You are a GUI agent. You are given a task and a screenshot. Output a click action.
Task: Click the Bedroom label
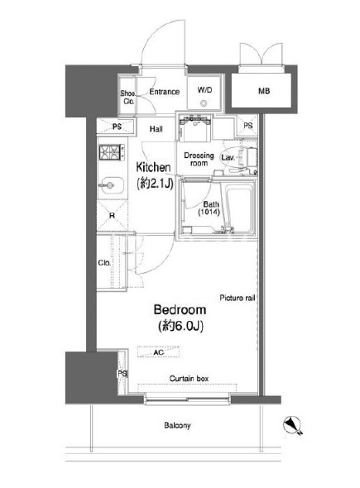point(180,310)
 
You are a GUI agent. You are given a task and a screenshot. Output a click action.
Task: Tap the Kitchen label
point(153,167)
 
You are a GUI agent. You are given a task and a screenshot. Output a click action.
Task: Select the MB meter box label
point(264,91)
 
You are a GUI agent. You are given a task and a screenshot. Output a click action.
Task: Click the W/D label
point(204,90)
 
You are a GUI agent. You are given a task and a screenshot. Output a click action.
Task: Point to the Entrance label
point(165,92)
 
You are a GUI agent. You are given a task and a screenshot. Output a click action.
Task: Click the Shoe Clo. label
point(128,97)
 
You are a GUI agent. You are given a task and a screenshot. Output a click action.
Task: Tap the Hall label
point(156,129)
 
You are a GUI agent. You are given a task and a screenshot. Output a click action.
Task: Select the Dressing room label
point(199,159)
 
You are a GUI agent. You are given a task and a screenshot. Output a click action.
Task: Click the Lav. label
point(228,157)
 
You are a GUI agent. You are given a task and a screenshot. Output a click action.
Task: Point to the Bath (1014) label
point(210,208)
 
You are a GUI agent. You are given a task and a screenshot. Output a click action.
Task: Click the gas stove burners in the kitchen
point(110,152)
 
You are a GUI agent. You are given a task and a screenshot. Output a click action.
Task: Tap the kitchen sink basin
point(111,185)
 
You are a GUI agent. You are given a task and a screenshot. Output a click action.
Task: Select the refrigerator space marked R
point(112,215)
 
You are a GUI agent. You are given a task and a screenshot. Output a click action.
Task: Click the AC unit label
point(159,352)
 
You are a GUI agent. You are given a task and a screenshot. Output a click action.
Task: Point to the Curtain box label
point(189,379)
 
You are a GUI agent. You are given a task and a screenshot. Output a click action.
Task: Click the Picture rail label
point(238,298)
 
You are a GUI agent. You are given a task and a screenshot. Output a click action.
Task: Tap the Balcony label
point(177,425)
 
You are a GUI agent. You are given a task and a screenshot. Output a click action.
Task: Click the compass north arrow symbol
point(292,424)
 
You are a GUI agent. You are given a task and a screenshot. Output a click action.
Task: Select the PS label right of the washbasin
point(248,126)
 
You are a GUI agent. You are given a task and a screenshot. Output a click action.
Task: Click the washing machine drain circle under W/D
point(204,103)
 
